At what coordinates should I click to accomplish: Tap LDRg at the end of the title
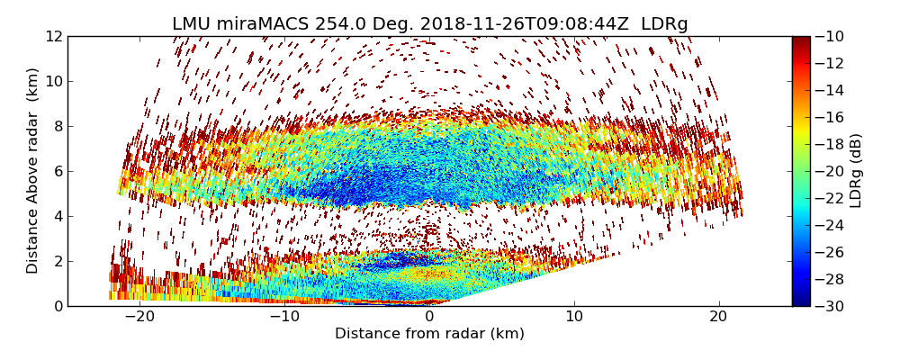[x=664, y=24]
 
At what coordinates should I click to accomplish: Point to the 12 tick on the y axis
[x=55, y=36]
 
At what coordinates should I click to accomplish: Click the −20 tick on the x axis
[x=139, y=317]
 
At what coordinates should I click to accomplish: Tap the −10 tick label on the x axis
[x=284, y=317]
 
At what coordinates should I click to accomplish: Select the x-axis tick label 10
[x=574, y=317]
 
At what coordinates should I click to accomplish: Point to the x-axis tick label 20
[x=719, y=317]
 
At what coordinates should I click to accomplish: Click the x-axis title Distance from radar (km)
[x=429, y=334]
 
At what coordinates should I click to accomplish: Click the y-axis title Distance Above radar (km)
[x=33, y=170]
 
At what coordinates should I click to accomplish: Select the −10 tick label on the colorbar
[x=832, y=36]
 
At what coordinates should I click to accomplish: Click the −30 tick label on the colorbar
[x=832, y=306]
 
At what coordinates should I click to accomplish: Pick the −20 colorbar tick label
[x=832, y=171]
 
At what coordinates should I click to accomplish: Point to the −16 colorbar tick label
[x=832, y=117]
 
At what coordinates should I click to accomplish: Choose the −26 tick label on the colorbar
[x=832, y=252]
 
